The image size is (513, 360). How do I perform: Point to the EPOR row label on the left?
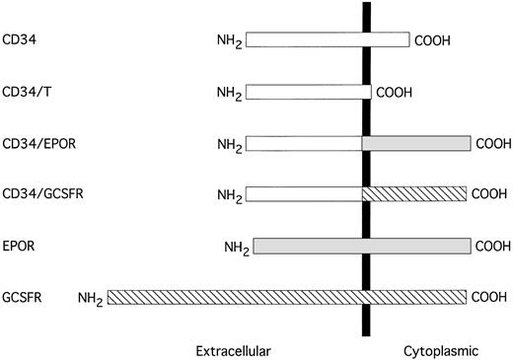(20, 245)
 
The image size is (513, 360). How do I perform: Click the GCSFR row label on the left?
(23, 296)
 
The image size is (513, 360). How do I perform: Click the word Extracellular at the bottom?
(233, 349)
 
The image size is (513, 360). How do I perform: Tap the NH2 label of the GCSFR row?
(92, 297)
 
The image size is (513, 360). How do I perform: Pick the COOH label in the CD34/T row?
(394, 93)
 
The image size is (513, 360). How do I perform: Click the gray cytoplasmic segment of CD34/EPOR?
(416, 144)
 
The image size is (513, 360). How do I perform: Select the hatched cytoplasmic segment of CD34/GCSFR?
(416, 194)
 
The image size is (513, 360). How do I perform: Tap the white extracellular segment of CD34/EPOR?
(304, 144)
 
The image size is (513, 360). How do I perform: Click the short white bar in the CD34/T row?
(308, 93)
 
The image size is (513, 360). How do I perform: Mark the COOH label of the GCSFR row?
(490, 296)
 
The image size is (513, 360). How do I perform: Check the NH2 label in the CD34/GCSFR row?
(230, 195)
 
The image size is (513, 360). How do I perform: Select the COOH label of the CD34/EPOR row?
(490, 144)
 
